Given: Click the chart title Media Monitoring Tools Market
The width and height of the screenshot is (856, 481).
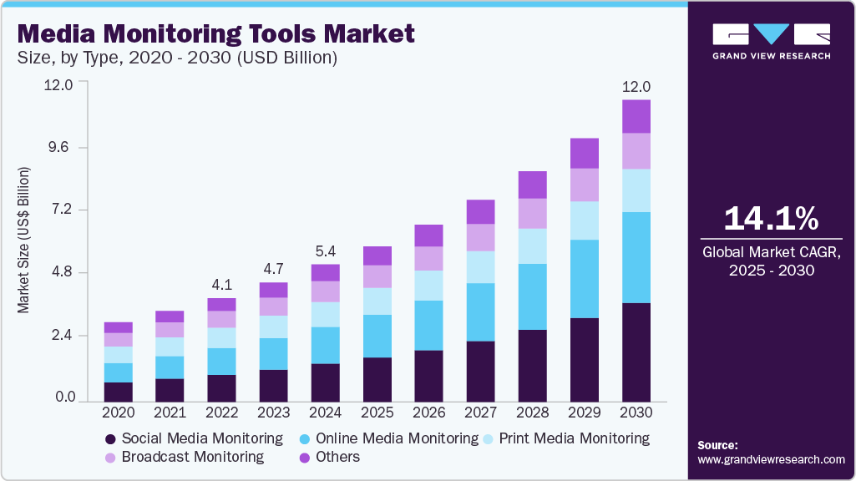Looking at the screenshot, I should [x=215, y=34].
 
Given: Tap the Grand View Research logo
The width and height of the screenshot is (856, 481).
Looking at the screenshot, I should [x=771, y=41].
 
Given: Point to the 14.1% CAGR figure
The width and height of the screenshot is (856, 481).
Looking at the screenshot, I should [x=771, y=219].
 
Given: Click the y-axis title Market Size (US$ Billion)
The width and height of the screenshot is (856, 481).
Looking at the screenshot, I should [x=23, y=240].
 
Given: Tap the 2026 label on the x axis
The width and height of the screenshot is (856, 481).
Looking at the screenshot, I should [x=429, y=413].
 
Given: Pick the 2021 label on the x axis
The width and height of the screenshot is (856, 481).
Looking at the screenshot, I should [x=170, y=413].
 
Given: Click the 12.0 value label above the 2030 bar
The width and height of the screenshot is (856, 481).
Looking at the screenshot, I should [x=636, y=87].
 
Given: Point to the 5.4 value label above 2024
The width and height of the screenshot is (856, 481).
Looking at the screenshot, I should [x=325, y=251].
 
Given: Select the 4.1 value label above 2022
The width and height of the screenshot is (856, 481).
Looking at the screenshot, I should [x=221, y=285].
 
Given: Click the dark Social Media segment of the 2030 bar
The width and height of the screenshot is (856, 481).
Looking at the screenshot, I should [x=636, y=352].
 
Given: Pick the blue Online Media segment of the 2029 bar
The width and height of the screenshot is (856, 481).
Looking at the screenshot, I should [x=585, y=279].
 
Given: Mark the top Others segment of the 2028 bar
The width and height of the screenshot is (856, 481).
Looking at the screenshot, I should [x=533, y=185].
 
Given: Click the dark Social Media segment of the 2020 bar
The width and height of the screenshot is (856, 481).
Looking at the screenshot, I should [x=118, y=392].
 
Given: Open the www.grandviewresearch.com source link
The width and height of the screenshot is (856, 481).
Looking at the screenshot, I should [x=771, y=459].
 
